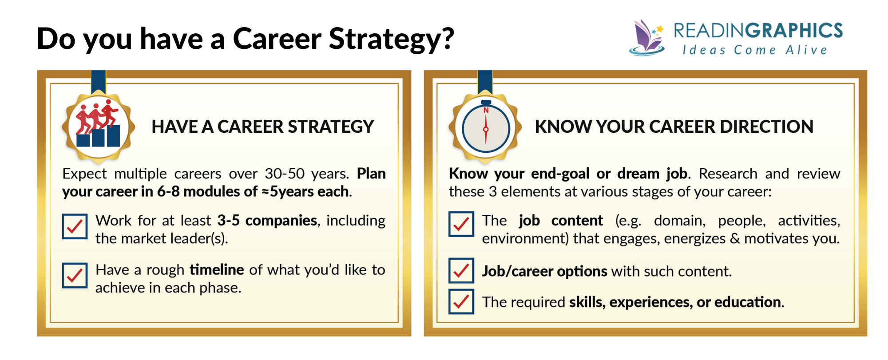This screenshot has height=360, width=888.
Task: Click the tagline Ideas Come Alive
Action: (755, 50)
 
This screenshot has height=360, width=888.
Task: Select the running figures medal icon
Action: (98, 127)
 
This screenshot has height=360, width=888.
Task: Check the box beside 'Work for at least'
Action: (75, 226)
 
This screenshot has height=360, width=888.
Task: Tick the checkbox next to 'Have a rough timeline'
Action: (75, 276)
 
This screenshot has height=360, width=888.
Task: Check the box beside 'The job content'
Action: (461, 224)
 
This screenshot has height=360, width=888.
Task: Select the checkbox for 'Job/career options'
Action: (461, 270)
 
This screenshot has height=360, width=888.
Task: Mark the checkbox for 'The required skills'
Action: (461, 301)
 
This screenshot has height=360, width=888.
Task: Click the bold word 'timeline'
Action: (217, 270)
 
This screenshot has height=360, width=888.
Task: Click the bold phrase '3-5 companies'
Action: (267, 221)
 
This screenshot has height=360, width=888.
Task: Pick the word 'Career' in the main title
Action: (277, 39)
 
